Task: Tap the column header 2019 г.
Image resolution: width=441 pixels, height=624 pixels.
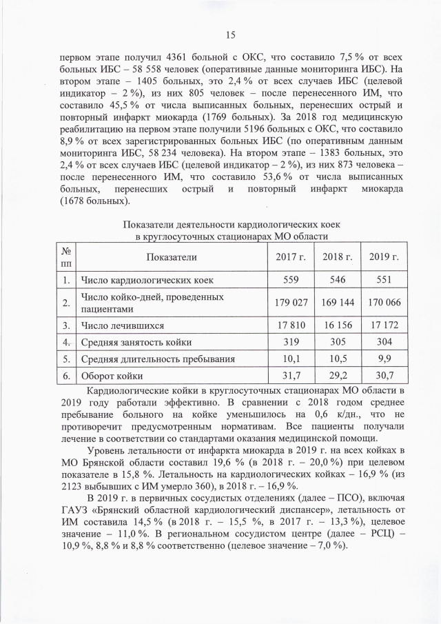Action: point(384,257)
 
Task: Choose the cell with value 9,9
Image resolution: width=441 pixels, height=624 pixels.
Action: point(384,359)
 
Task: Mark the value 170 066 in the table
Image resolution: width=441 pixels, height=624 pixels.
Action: point(384,302)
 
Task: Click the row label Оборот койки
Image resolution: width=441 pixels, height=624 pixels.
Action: point(112,376)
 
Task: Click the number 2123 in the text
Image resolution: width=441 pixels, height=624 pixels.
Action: point(76,485)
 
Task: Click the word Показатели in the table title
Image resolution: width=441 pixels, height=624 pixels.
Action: point(150,225)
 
